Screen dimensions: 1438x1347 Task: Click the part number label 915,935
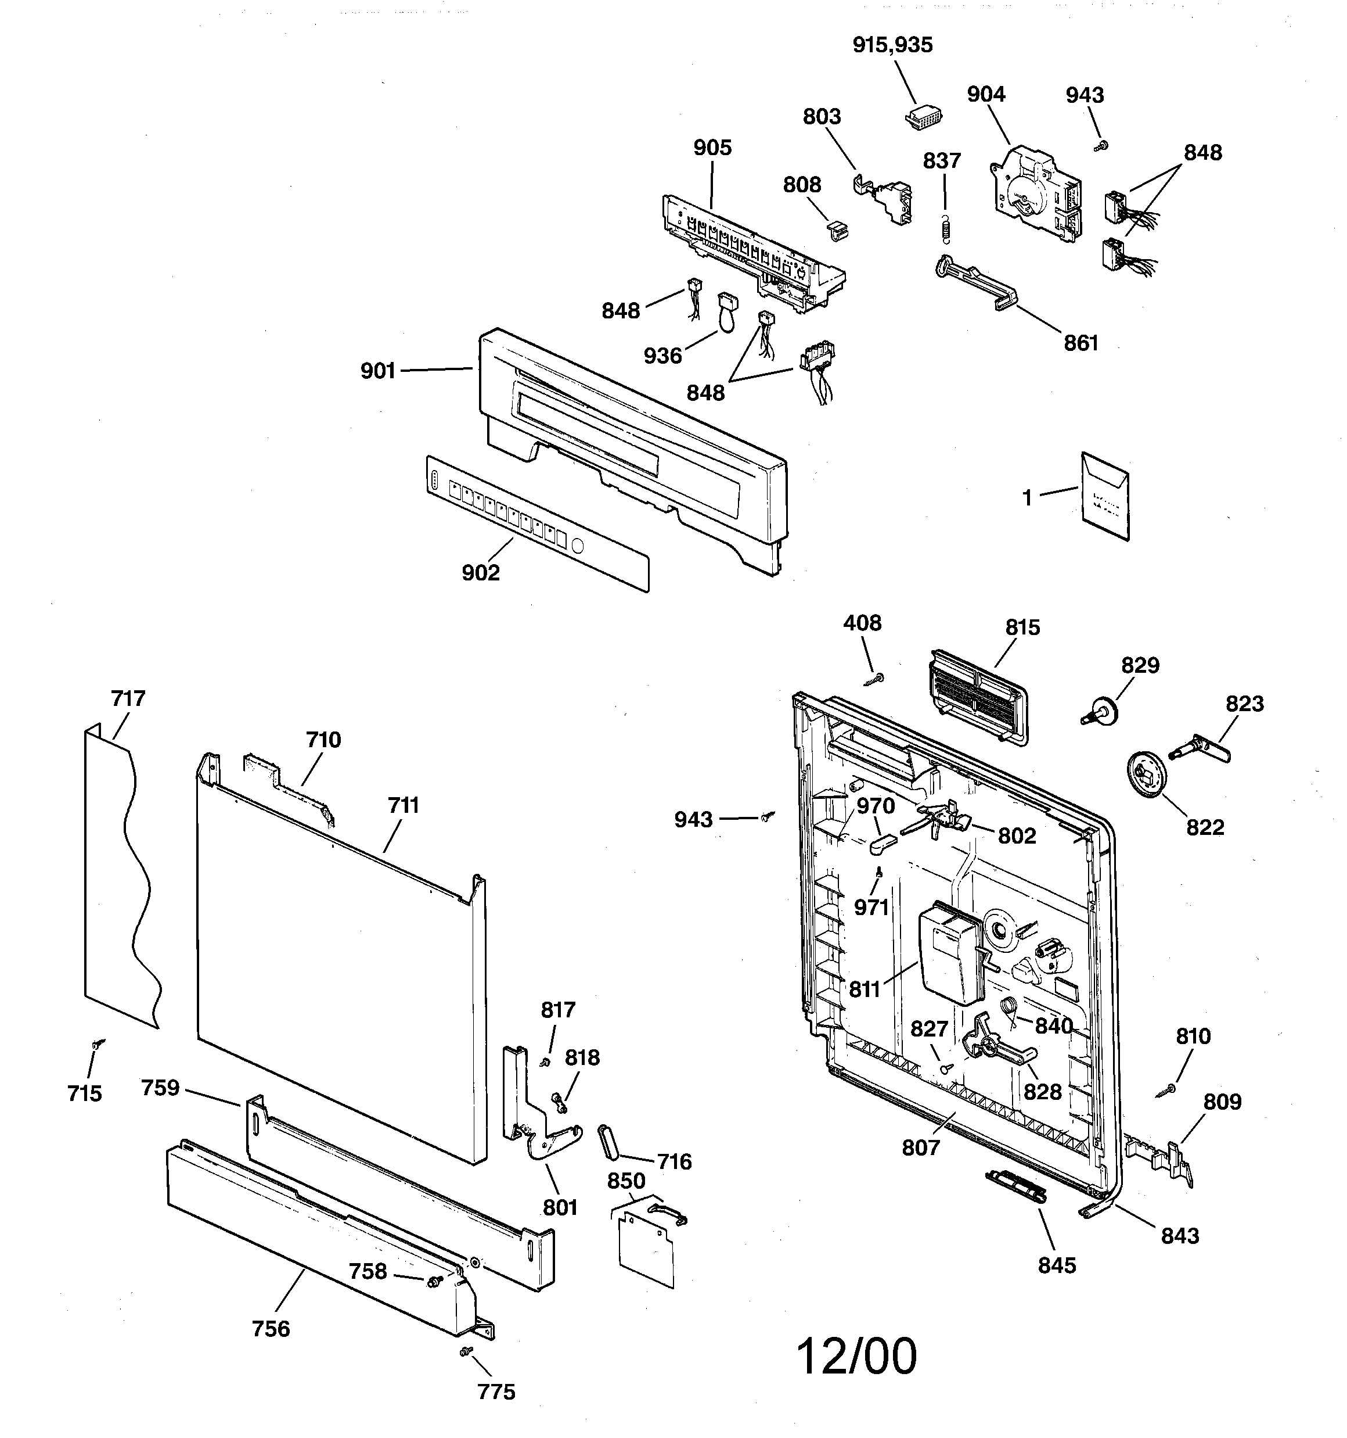(x=892, y=45)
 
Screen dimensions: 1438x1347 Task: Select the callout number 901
(x=378, y=371)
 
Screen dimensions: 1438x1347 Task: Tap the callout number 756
(x=271, y=1329)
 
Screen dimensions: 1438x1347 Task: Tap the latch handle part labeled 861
(x=976, y=282)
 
